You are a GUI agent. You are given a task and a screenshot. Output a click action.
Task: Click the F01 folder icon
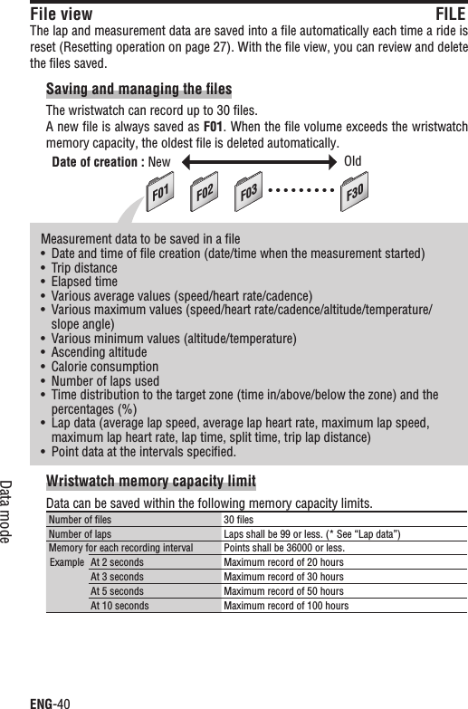pyautogui.click(x=161, y=193)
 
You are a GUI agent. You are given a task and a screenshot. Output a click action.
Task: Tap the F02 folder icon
pyautogui.click(x=207, y=193)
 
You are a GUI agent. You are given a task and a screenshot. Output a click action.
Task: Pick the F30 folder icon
pyautogui.click(x=355, y=193)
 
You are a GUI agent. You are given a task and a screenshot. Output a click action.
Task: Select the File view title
pyautogui.click(x=61, y=14)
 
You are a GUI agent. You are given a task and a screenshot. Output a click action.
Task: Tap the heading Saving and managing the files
pyautogui.click(x=138, y=89)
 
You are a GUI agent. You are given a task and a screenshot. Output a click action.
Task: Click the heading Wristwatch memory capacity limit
pyautogui.click(x=150, y=480)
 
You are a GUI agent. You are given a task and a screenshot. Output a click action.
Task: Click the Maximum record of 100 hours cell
pyautogui.click(x=286, y=606)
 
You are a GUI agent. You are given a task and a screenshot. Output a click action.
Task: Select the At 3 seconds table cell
pyautogui.click(x=117, y=577)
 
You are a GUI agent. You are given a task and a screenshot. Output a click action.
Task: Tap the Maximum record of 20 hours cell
pyautogui.click(x=283, y=562)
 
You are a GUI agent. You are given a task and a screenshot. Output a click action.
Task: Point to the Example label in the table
pyautogui.click(x=66, y=562)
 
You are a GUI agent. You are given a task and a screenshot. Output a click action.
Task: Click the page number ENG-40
pyautogui.click(x=51, y=700)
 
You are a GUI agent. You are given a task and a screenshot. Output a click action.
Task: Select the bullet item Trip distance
pyautogui.click(x=85, y=267)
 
